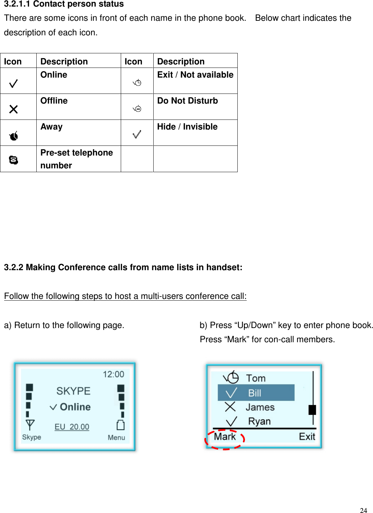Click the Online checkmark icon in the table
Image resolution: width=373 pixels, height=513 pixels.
[13, 83]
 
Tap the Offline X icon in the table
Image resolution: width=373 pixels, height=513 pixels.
[13, 109]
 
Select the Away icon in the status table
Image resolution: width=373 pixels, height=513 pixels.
[13, 136]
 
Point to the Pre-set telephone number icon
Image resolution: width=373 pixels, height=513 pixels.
[13, 160]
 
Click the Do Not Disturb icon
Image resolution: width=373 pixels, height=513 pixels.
[137, 109]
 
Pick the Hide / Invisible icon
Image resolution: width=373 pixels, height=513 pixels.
[137, 134]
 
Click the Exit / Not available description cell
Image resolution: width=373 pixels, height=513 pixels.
[195, 75]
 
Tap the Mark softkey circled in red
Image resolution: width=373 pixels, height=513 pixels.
[225, 437]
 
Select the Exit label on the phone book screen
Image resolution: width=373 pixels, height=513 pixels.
[307, 436]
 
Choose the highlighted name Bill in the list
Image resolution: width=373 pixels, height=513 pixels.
[255, 393]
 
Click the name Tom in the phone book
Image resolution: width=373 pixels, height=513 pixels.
[256, 378]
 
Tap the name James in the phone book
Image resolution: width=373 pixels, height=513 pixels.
[260, 407]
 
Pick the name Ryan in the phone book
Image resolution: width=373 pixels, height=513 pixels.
[259, 422]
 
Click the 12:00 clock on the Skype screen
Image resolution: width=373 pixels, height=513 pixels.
[113, 374]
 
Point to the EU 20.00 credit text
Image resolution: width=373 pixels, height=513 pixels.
[72, 427]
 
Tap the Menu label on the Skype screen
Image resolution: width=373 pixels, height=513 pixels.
[116, 437]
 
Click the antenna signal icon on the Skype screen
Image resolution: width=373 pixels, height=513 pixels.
[30, 425]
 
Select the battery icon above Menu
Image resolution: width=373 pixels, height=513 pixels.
[120, 425]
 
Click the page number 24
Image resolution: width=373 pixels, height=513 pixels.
[363, 510]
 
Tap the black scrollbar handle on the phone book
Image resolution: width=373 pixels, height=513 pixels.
[312, 410]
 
